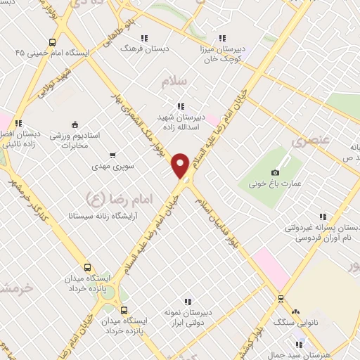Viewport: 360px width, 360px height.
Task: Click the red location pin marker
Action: coord(180,165)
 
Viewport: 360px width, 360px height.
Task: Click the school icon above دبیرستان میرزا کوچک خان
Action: coord(222,38)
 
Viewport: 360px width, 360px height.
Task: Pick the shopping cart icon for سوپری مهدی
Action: coord(112,155)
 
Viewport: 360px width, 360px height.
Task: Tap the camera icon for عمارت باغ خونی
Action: coord(275,172)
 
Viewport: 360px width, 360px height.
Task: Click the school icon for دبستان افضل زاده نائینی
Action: coord(18,123)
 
